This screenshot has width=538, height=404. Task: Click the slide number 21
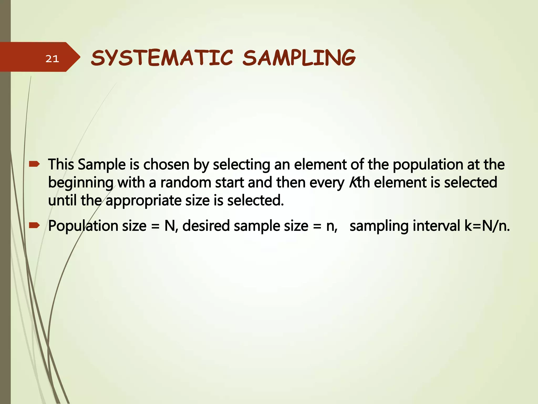[x=52, y=59]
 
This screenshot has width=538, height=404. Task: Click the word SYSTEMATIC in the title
[x=162, y=58]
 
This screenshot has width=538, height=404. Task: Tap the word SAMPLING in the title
[x=299, y=58]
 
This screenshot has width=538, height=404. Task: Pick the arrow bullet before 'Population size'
[x=34, y=225]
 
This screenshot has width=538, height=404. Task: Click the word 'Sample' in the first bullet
[x=102, y=165]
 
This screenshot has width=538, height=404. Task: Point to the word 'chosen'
[x=166, y=165]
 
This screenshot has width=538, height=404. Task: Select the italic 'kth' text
[x=359, y=183]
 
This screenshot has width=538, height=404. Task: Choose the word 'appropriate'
[x=143, y=201]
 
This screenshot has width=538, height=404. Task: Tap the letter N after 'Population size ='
[x=170, y=226]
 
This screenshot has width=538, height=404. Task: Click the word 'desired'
[x=206, y=226]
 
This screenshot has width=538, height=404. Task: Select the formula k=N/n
[x=487, y=226]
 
